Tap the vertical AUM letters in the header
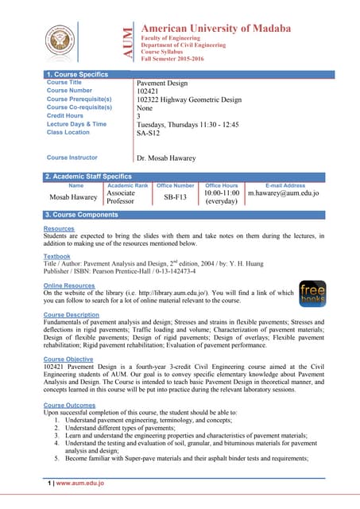tap(128, 45)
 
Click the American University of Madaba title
tap(215, 29)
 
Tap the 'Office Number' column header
tap(176, 185)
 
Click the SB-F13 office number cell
tap(176, 196)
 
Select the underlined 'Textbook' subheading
tap(57, 256)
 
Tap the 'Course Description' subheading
tap(72, 315)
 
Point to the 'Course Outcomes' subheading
tap(69, 406)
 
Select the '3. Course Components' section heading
tap(82, 215)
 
